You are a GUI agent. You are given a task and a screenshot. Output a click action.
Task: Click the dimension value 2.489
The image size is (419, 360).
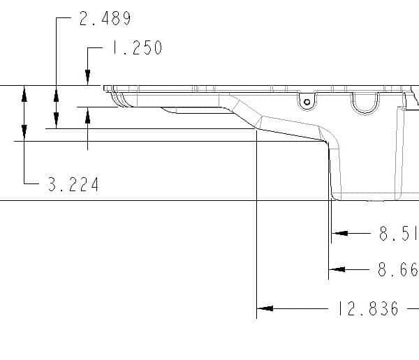tap(105, 19)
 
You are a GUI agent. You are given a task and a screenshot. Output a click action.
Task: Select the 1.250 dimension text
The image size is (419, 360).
tap(136, 48)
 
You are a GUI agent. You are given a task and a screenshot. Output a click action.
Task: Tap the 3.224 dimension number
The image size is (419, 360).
tap(73, 185)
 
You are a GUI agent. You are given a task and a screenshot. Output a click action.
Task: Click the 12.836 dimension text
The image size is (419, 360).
tap(367, 308)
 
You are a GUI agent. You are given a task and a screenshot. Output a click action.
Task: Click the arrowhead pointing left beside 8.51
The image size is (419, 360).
tap(337, 234)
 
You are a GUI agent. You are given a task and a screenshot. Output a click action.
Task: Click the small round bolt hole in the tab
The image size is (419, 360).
tap(305, 103)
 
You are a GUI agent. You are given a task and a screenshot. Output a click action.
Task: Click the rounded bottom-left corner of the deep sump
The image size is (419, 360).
tap(335, 196)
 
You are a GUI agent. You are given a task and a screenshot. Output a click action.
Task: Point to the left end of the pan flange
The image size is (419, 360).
tap(105, 89)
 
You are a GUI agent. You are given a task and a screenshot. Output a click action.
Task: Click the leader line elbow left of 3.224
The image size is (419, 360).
tap(25, 184)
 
